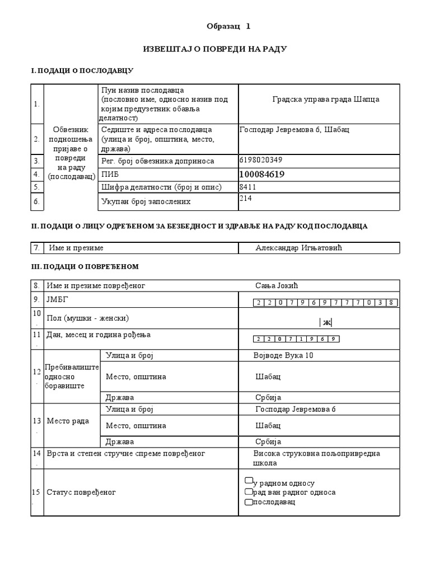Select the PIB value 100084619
point(262,175)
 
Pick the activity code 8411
point(247,187)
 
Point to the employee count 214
point(245,198)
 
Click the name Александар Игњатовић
point(298,248)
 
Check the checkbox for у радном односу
point(249,481)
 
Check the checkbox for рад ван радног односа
point(249,491)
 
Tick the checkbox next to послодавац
point(249,502)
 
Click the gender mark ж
point(326,322)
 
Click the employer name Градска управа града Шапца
point(325,99)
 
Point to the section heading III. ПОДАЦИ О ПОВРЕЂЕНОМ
point(85,266)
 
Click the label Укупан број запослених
point(146,201)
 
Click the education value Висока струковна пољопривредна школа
point(316,458)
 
